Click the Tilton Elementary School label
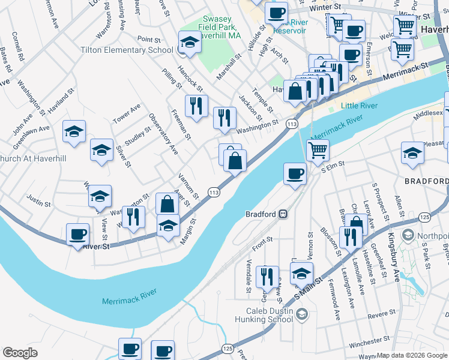pos(128,50)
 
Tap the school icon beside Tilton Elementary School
pos(190,43)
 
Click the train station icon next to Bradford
pos(282,214)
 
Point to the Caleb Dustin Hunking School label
pos(269,315)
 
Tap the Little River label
pos(358,106)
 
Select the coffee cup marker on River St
pos(77,234)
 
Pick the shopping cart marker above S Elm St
pos(318,149)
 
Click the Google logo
pos(20,353)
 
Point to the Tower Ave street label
pos(127,113)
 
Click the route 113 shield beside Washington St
pos(292,124)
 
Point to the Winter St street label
pos(325,7)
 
